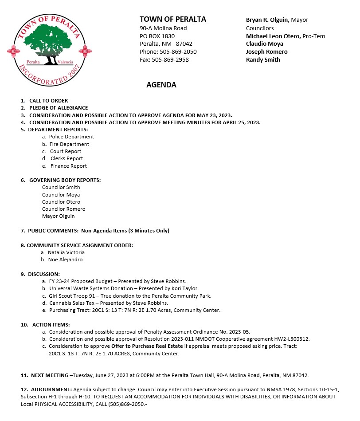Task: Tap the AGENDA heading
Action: pos(161,85)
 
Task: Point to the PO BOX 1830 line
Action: pos(157,36)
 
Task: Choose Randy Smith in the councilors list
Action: pos(263,59)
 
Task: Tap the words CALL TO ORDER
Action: pos(48,101)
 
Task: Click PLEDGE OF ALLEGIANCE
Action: pos(59,108)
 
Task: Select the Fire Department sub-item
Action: pos(69,144)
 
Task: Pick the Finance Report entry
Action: pos(69,166)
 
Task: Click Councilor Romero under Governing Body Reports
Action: pos(63,209)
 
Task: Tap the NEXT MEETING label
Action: pos(49,375)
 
